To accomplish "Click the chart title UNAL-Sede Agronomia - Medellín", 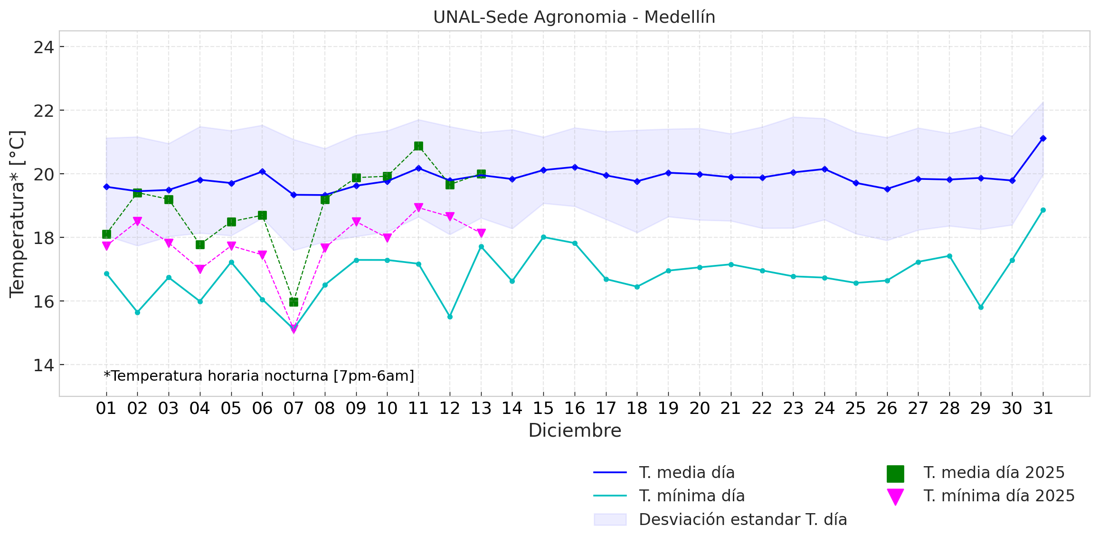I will click(x=574, y=17).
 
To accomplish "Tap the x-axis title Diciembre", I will click(x=575, y=431).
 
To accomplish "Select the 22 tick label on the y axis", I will click(x=43, y=111).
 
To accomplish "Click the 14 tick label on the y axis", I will click(x=43, y=365).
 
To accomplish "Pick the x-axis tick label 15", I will click(x=543, y=408).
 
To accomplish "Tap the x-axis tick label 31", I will click(x=1043, y=408).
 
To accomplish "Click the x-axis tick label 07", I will click(x=294, y=408).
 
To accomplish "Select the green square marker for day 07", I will click(x=294, y=302).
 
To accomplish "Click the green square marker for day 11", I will click(x=418, y=146).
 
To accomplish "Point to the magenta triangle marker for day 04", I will click(x=200, y=269).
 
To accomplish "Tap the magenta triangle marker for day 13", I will click(x=481, y=233).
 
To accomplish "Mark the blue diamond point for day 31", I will click(x=1043, y=138).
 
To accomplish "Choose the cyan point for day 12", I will click(x=450, y=317).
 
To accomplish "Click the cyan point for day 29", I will click(x=981, y=307).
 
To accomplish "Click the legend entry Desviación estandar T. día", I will click(x=742, y=520).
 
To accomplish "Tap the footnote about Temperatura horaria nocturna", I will click(x=259, y=376).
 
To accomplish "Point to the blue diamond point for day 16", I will click(x=575, y=167).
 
